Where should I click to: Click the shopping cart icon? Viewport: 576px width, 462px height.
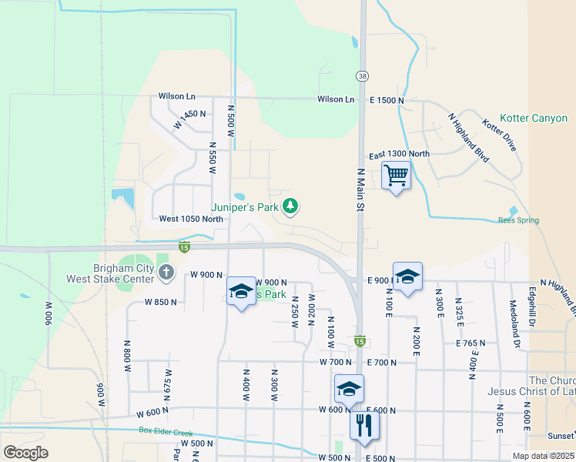(396, 176)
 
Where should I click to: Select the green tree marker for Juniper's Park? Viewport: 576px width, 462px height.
(290, 206)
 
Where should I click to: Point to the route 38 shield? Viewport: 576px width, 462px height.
(362, 75)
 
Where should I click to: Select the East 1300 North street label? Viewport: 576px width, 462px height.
(399, 154)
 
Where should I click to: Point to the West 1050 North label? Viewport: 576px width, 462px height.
(191, 219)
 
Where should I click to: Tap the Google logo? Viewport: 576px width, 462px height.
(25, 453)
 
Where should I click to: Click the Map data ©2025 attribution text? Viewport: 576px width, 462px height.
(542, 456)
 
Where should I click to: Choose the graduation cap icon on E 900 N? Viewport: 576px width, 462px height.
(407, 276)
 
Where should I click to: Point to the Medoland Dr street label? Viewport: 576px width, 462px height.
(513, 315)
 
